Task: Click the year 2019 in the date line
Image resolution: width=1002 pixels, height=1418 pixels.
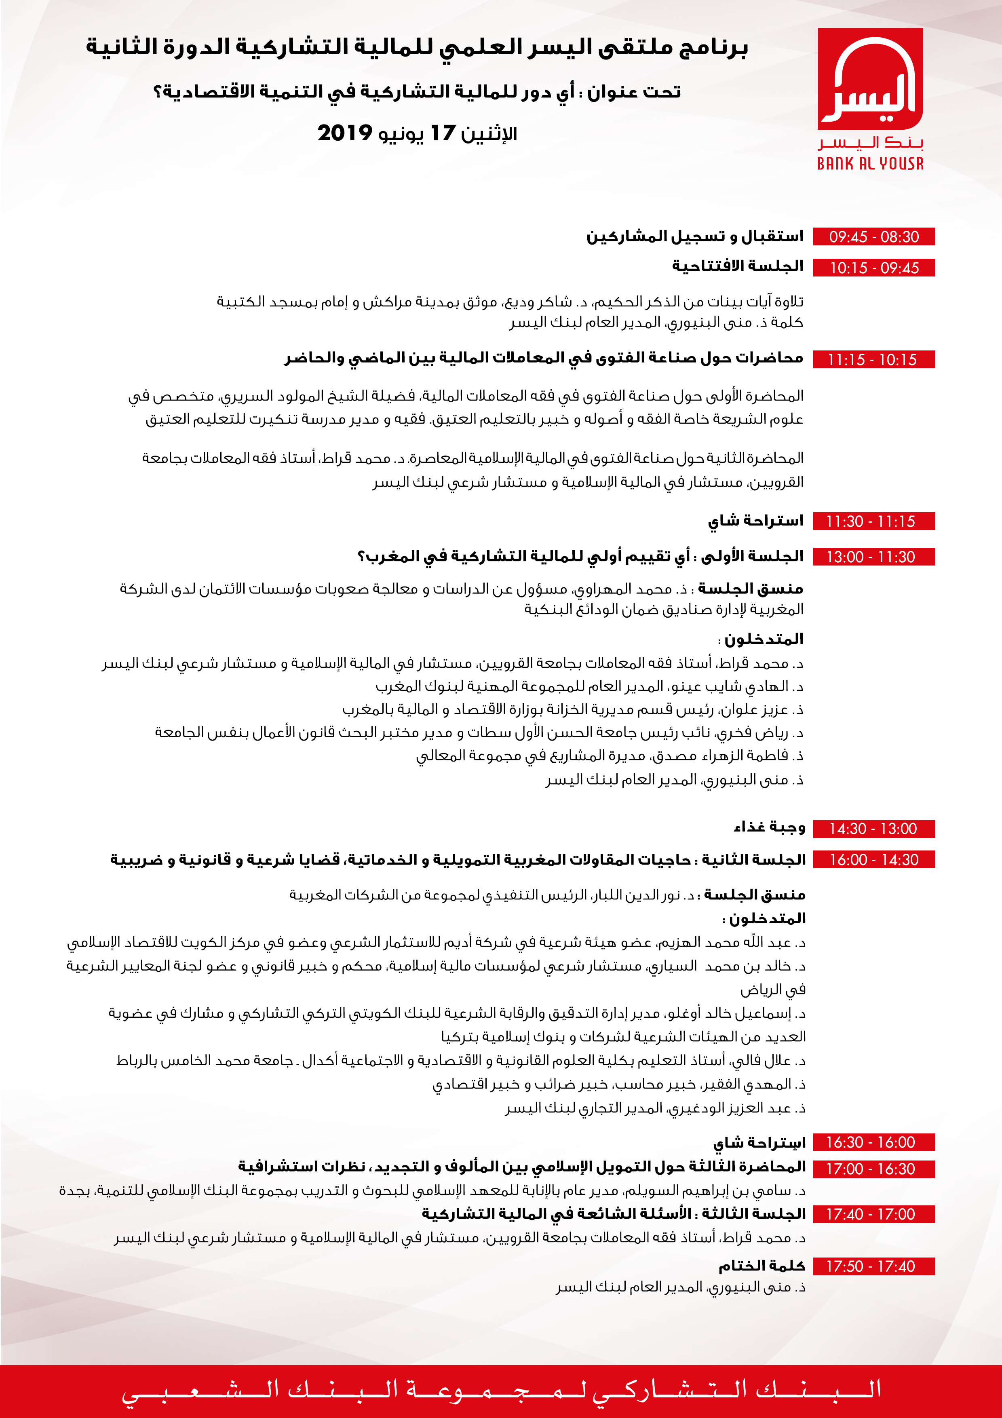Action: (344, 133)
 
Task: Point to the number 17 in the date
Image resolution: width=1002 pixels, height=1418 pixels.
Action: (442, 133)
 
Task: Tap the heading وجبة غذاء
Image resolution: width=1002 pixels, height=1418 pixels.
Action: (769, 827)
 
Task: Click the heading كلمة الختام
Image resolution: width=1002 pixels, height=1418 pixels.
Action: (762, 1266)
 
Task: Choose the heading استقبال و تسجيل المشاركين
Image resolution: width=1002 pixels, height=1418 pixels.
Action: (694, 236)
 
